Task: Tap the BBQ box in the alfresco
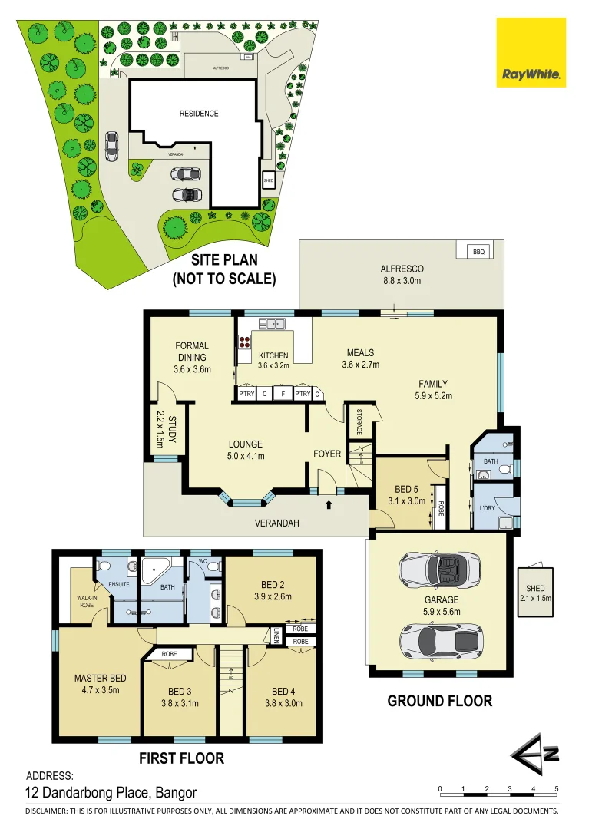click(479, 252)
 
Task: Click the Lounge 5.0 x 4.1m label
click(246, 450)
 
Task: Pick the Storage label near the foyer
click(359, 421)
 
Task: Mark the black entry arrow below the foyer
click(329, 504)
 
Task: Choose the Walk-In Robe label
click(85, 602)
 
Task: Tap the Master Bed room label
click(100, 683)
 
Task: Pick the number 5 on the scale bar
click(556, 789)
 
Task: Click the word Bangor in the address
click(176, 793)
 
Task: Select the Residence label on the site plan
click(199, 114)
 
